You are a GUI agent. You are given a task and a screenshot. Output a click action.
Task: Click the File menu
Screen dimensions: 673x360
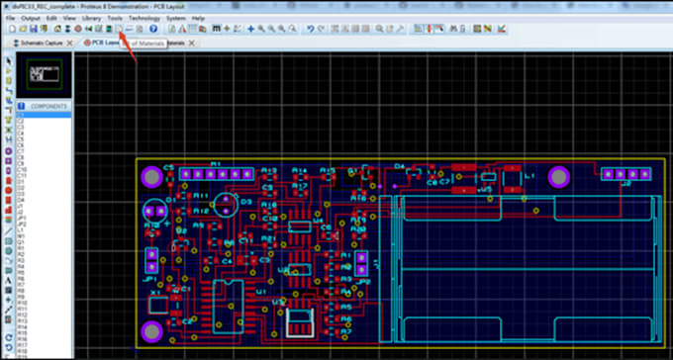10,18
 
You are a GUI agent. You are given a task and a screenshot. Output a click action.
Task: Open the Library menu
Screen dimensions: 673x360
91,18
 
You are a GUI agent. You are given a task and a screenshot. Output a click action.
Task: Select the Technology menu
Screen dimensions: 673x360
144,18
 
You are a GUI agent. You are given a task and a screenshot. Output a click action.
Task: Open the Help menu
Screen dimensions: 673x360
198,18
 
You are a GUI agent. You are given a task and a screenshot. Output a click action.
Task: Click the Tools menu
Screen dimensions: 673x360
115,18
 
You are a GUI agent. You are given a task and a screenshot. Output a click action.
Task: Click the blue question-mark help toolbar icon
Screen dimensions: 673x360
153,29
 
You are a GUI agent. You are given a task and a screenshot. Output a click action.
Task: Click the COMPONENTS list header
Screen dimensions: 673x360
47,104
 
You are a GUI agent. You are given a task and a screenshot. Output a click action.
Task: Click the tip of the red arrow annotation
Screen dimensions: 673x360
111,30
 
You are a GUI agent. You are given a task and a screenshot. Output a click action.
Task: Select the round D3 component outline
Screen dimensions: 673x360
227,205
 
